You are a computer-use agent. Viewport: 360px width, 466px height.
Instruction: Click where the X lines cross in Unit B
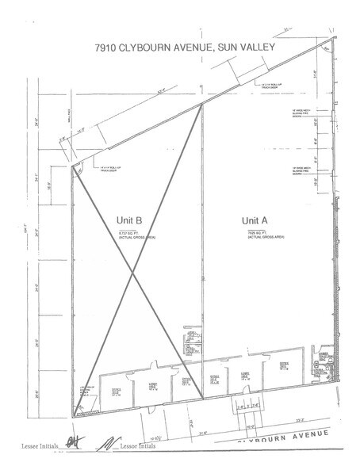(x=132, y=273)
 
